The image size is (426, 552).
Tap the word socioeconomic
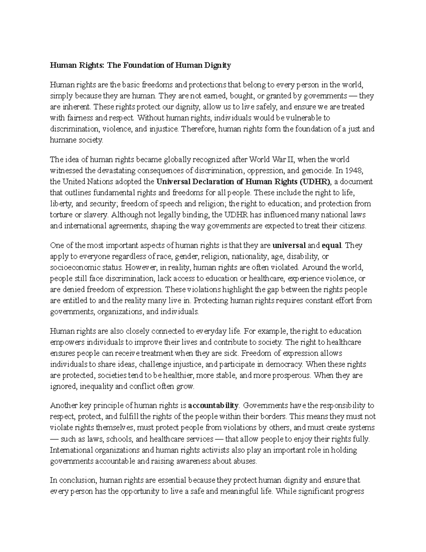pos(71,267)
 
